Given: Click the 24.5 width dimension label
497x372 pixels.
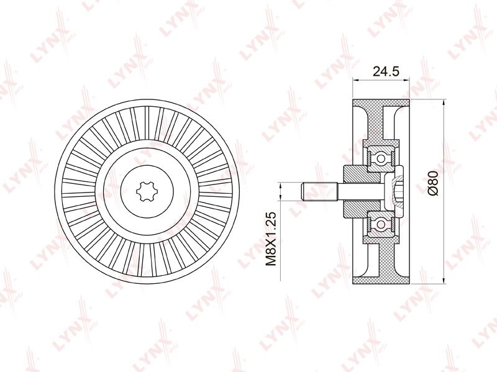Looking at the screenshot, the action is coord(386,71).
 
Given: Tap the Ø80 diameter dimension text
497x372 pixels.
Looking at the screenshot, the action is coord(432,183).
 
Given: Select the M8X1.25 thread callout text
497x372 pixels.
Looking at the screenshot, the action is coord(271,239).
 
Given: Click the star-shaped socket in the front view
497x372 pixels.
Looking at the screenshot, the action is coord(145,191).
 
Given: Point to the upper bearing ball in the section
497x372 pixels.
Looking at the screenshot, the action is coord(380,158).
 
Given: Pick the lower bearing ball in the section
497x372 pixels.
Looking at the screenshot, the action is coord(380,224).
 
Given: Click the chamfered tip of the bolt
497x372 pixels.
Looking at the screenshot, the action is coord(303,191).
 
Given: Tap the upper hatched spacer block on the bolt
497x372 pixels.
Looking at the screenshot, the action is coord(362,174).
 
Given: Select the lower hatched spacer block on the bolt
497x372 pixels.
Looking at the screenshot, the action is coord(362,209).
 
